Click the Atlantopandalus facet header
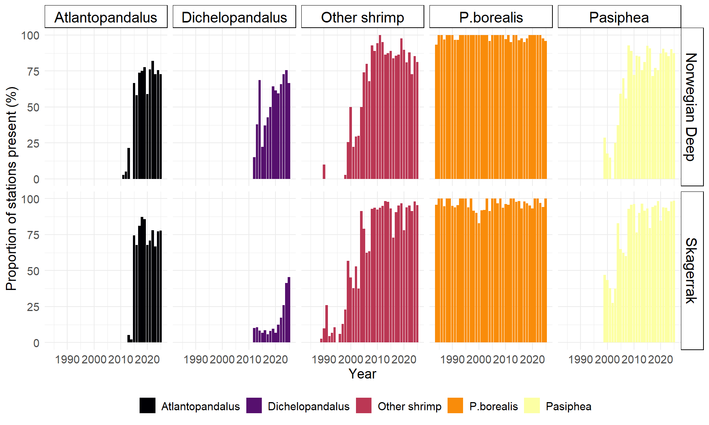click(x=106, y=17)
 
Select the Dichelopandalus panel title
click(x=234, y=17)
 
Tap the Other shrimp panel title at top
click(x=362, y=17)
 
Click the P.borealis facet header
click(x=491, y=17)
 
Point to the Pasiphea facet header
click(x=619, y=17)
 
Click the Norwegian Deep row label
click(x=692, y=107)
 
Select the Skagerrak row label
click(x=692, y=270)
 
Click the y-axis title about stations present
click(x=12, y=189)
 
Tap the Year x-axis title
click(x=362, y=374)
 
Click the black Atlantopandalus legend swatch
click(x=147, y=405)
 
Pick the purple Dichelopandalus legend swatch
click(x=254, y=405)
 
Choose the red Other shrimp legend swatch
click(x=364, y=405)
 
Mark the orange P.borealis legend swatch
click(x=455, y=405)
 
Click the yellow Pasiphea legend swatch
click(x=532, y=405)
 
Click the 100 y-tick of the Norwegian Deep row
click(x=30, y=36)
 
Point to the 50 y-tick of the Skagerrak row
click(x=33, y=271)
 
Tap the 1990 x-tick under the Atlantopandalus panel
click(x=67, y=359)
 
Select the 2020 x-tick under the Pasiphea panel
click(x=661, y=359)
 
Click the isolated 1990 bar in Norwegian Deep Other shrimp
click(x=324, y=172)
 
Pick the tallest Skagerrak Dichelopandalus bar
click(x=289, y=310)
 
